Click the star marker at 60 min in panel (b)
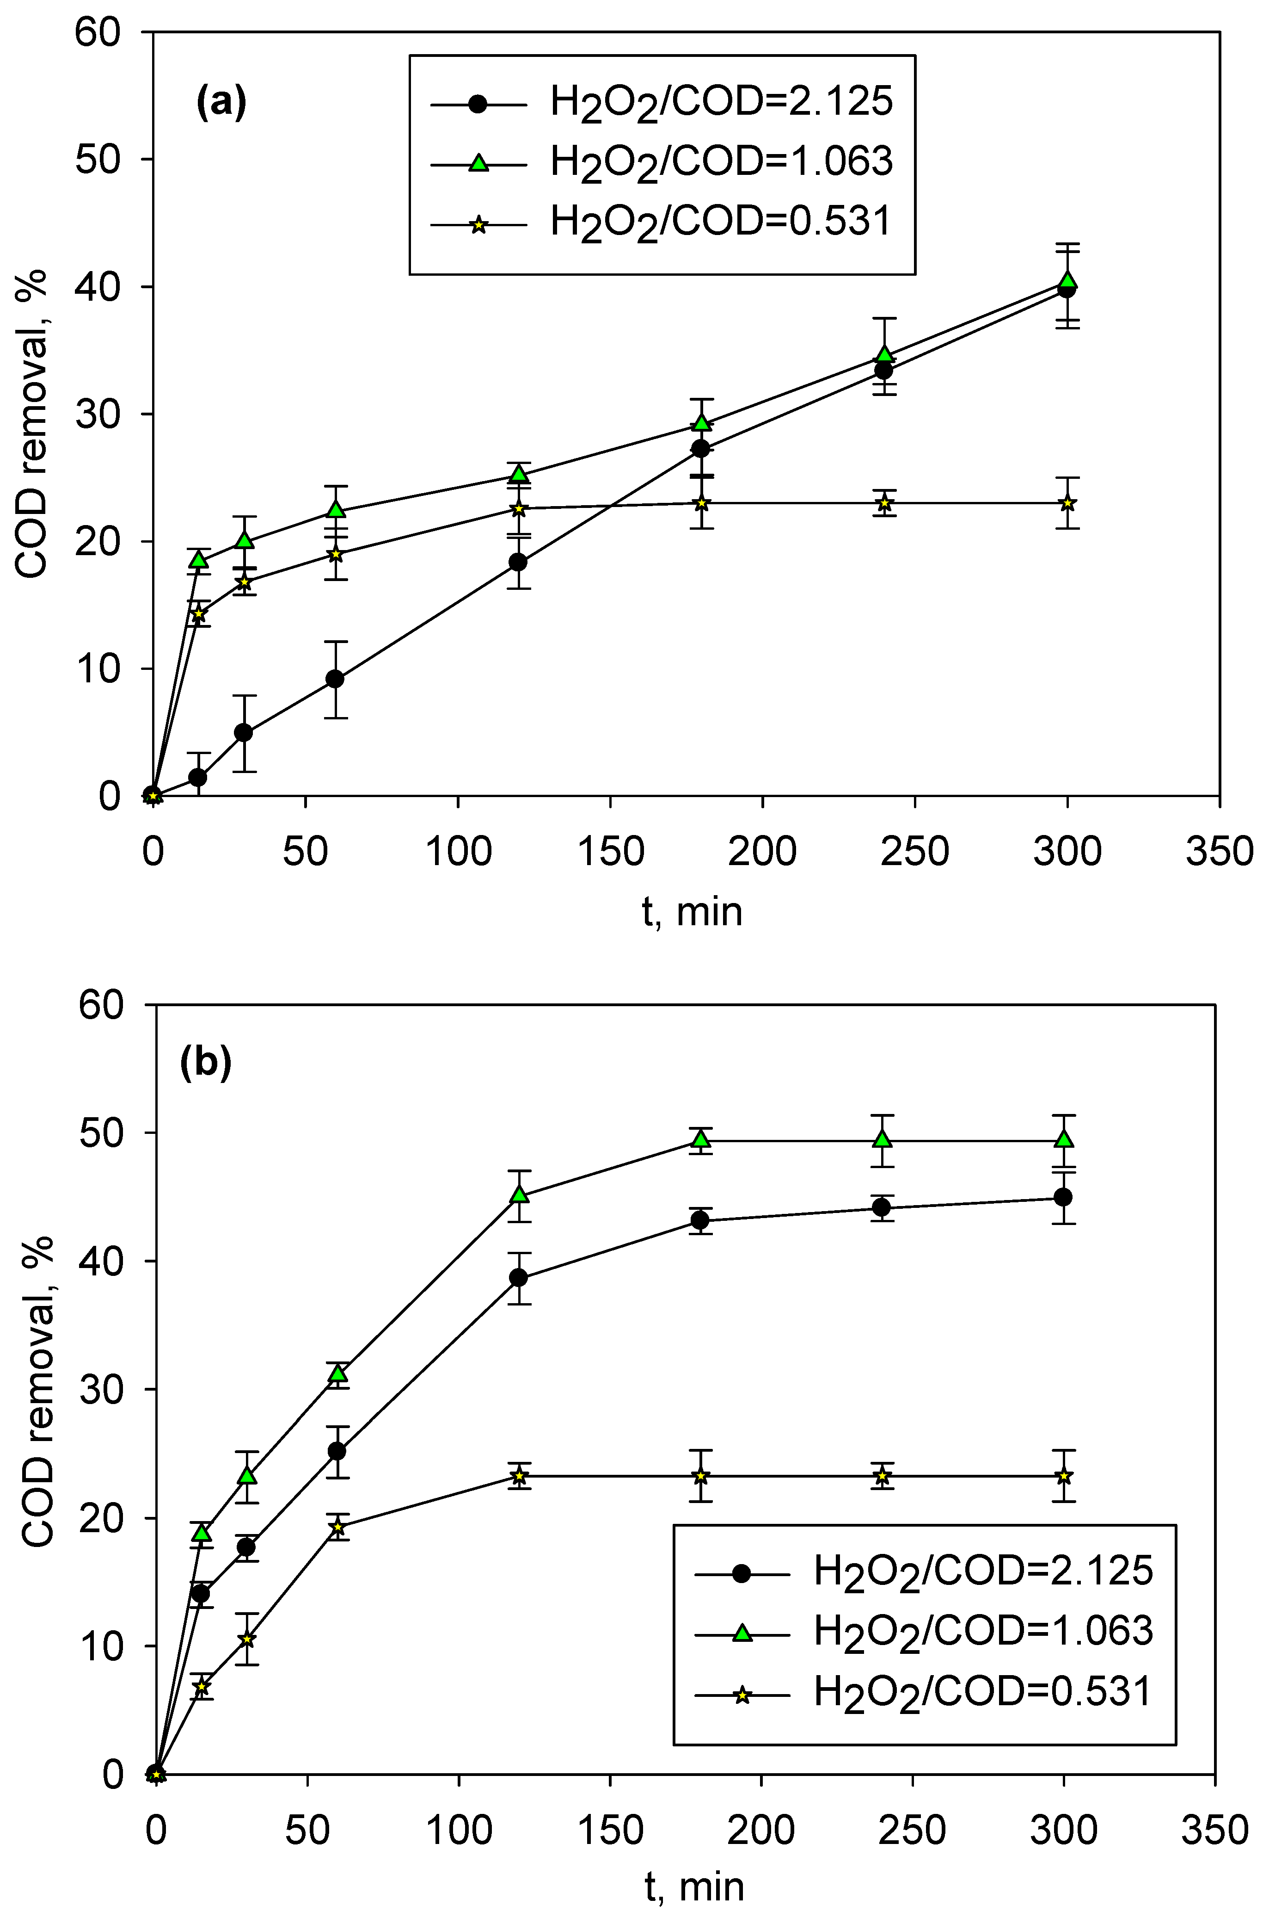(x=338, y=1527)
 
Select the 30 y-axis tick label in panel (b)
(x=101, y=1390)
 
